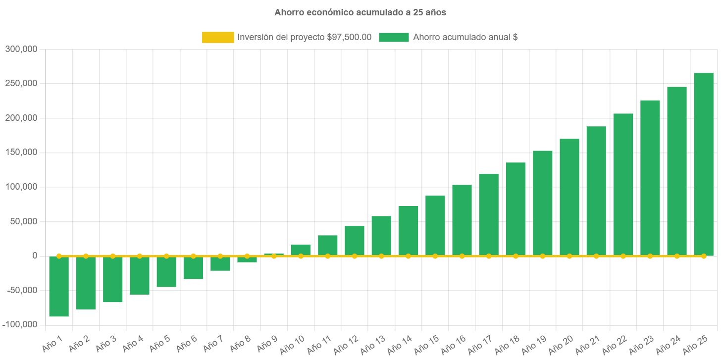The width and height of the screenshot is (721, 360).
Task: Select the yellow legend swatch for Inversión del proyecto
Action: pyautogui.click(x=218, y=37)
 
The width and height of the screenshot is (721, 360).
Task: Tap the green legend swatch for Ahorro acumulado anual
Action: pyautogui.click(x=394, y=37)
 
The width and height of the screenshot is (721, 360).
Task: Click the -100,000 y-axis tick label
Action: pyautogui.click(x=20, y=324)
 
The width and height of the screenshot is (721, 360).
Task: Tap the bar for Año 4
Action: pyautogui.click(x=140, y=275)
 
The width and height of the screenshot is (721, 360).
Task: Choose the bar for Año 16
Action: pyautogui.click(x=462, y=220)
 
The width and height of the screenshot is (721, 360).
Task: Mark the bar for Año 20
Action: pyautogui.click(x=569, y=197)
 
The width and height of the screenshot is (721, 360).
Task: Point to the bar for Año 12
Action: pyautogui.click(x=355, y=241)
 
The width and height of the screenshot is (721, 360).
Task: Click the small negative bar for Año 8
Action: pyautogui.click(x=247, y=259)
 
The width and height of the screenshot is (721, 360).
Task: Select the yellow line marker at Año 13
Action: pyautogui.click(x=381, y=256)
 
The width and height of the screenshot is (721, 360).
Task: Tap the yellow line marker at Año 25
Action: pyautogui.click(x=704, y=256)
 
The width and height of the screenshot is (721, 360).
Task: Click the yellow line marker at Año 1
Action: pyautogui.click(x=59, y=256)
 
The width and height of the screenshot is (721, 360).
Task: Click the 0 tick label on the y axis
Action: pyautogui.click(x=35, y=256)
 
